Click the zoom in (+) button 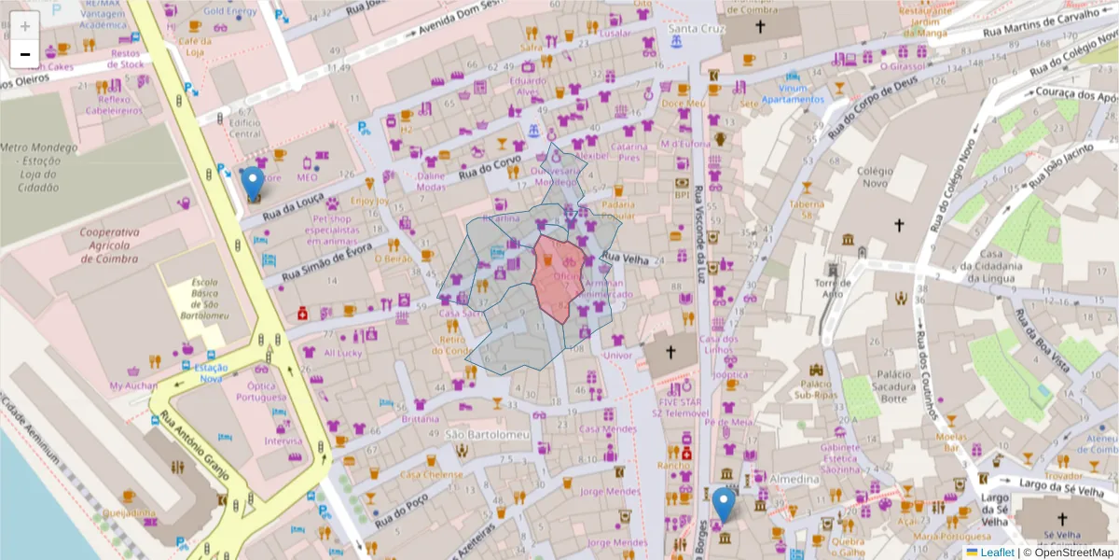(25, 26)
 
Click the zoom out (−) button (25, 54)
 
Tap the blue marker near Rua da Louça (253, 183)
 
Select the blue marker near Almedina (723, 505)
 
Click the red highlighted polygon (559, 275)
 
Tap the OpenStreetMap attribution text (1069, 553)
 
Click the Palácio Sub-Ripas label (815, 389)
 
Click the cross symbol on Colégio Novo (899, 225)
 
